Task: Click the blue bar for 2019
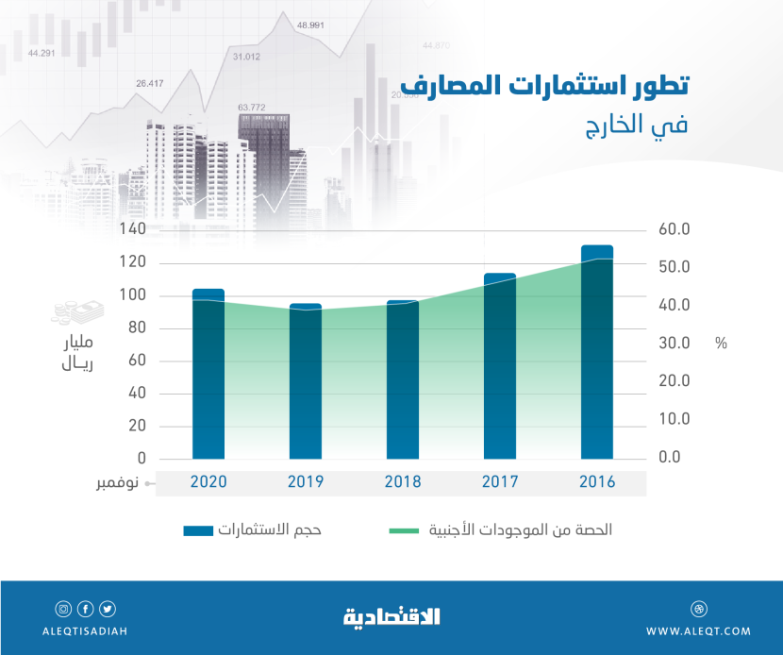point(305,381)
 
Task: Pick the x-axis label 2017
point(500,481)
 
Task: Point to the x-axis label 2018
point(403,481)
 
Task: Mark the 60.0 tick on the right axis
point(675,229)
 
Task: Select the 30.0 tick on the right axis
point(675,344)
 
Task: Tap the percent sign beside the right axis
point(721,344)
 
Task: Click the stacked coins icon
point(72,311)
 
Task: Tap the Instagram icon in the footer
point(63,609)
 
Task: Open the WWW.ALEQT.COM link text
point(699,631)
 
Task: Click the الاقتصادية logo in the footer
point(391,617)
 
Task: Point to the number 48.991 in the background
point(310,25)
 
